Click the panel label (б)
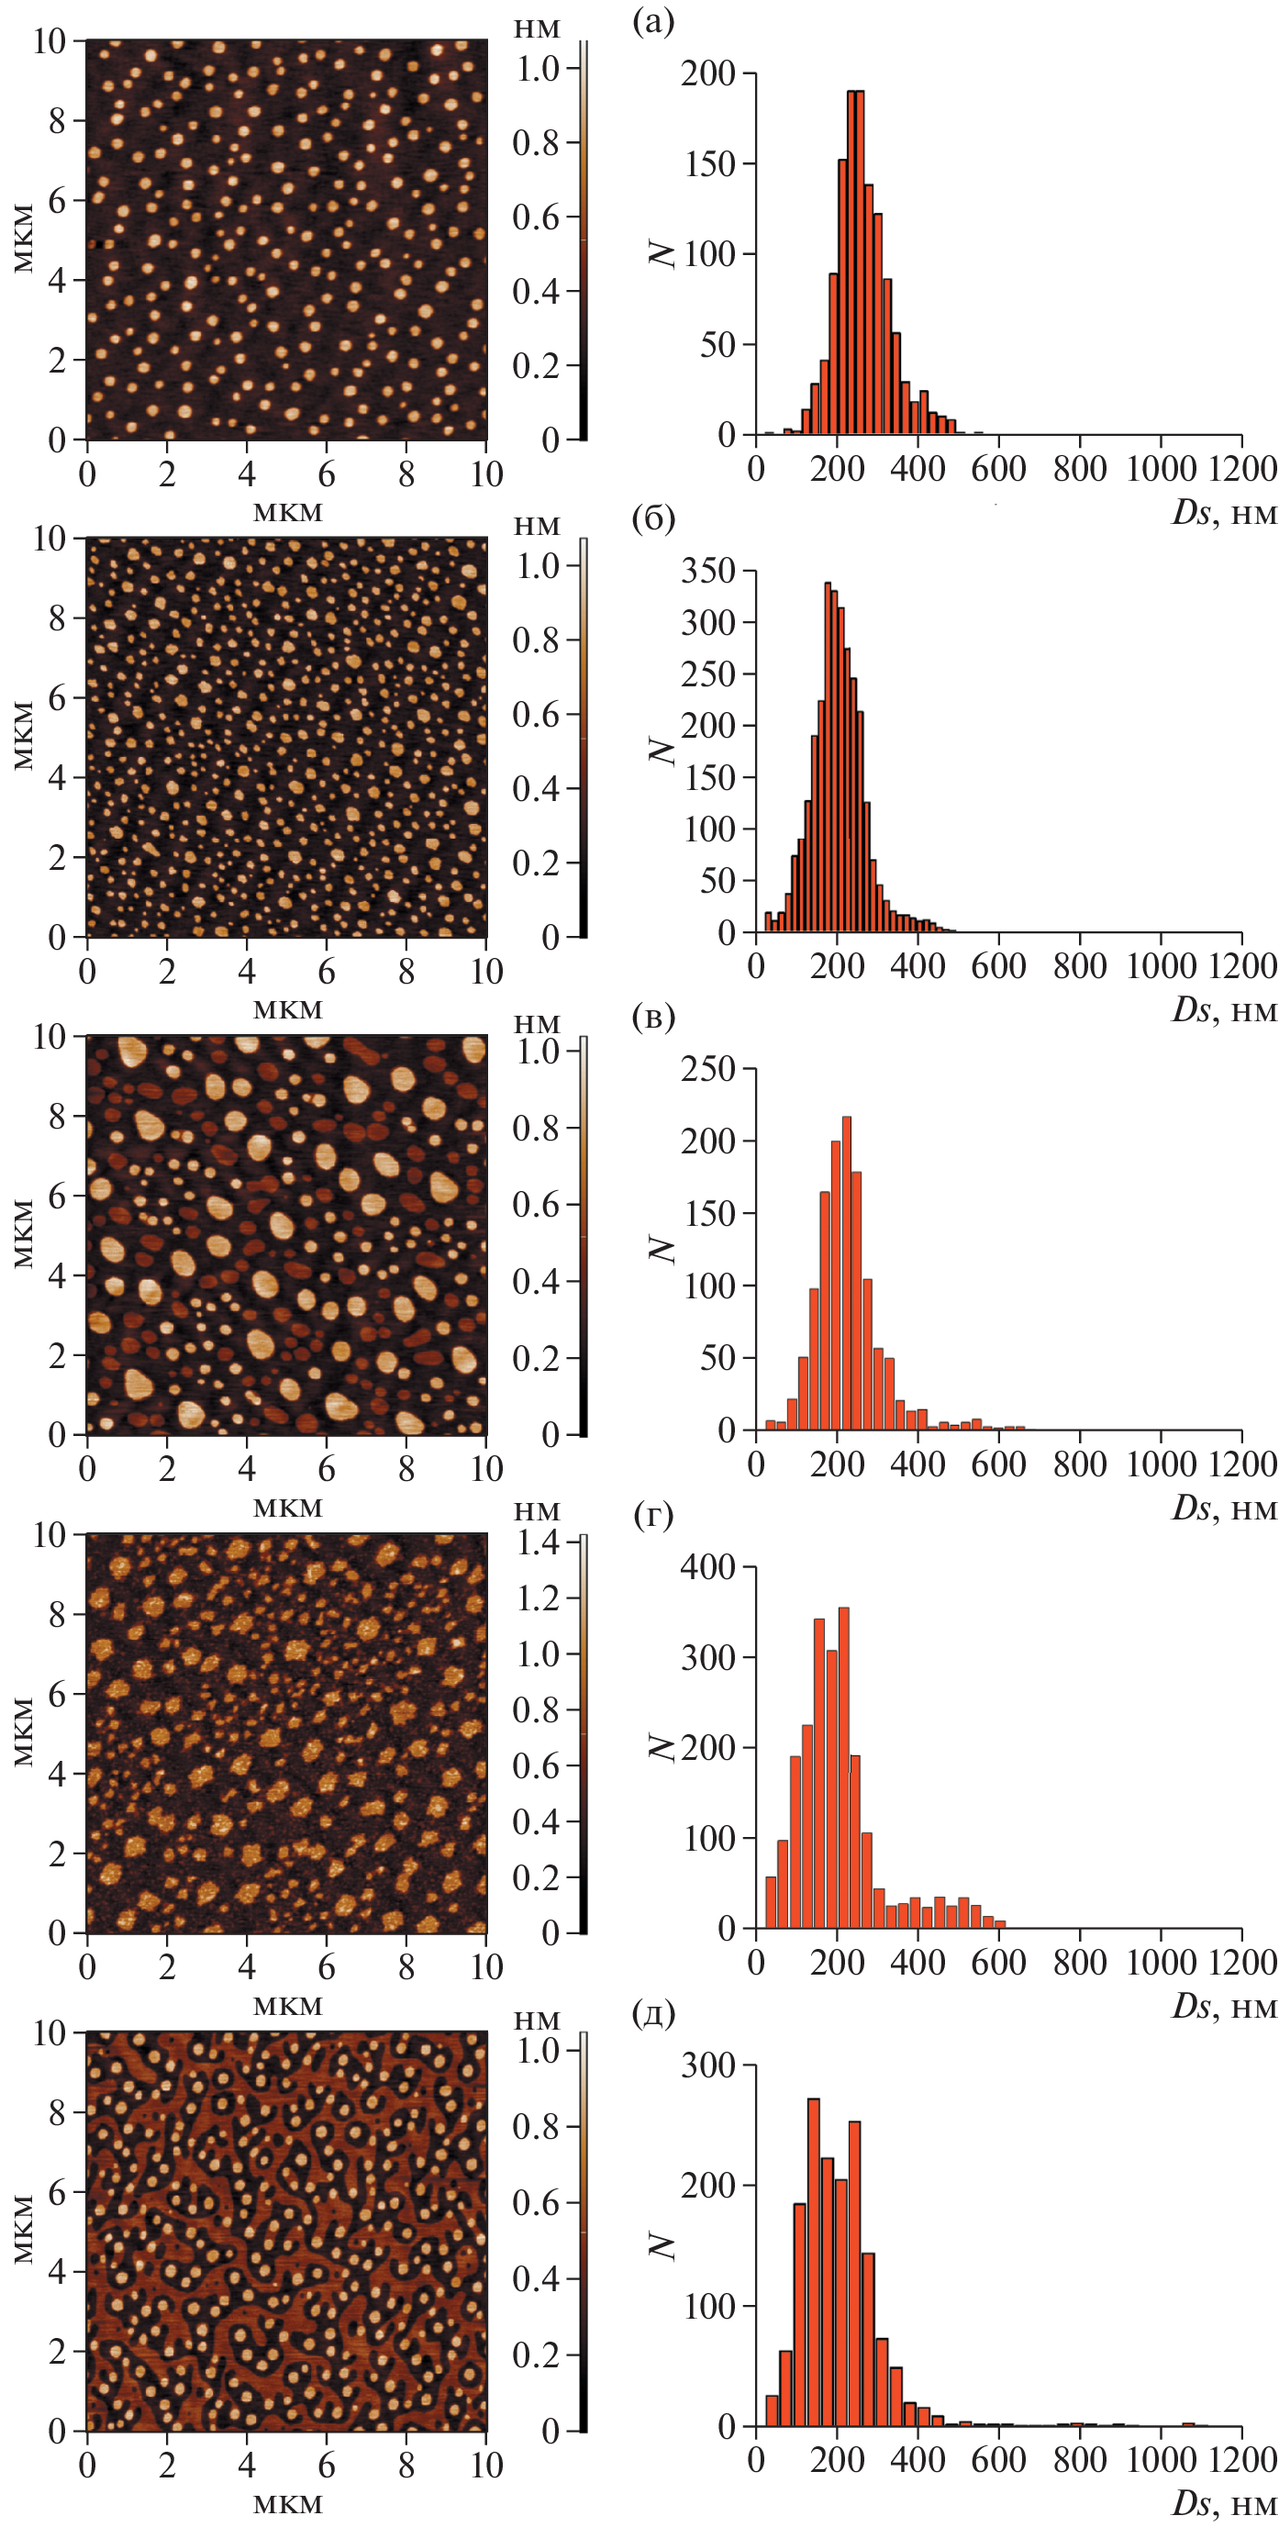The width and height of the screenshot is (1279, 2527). (654, 518)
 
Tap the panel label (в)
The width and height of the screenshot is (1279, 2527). (654, 1017)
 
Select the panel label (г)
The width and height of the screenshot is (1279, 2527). (654, 1515)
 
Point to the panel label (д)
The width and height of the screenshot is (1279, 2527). (654, 2013)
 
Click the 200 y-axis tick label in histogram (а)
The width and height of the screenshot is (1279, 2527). (708, 73)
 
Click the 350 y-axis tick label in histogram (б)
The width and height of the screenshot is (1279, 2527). (708, 571)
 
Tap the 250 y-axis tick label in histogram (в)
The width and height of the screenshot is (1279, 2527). (708, 1068)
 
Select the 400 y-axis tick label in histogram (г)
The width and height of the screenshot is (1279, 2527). (708, 1566)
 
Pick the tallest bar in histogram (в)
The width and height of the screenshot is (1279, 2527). (847, 1275)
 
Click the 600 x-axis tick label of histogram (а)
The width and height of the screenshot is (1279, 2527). (998, 469)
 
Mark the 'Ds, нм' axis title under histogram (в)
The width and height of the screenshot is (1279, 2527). (1224, 1507)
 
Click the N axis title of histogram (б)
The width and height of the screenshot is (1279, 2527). (664, 751)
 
